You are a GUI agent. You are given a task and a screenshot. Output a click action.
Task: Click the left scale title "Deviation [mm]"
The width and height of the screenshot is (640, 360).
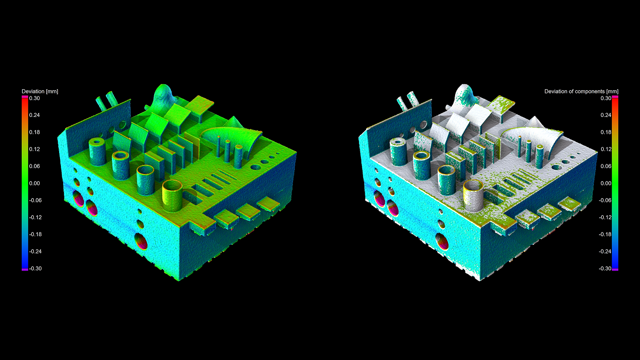[x=40, y=92]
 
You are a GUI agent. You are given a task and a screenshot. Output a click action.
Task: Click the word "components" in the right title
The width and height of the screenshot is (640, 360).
[x=591, y=92]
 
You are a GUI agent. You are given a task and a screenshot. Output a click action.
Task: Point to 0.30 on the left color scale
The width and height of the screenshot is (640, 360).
[x=35, y=98]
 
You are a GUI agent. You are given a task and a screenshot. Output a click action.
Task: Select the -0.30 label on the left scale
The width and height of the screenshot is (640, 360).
[x=36, y=268]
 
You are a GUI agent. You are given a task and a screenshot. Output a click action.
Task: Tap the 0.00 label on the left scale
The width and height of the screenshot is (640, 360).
[x=35, y=184]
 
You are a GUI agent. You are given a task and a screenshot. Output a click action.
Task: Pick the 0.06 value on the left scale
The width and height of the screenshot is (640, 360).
[x=35, y=166]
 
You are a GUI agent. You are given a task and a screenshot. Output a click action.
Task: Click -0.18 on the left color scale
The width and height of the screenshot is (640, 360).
[x=36, y=234]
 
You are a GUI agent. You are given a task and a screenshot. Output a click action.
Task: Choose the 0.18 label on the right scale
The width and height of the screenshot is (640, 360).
[x=606, y=132]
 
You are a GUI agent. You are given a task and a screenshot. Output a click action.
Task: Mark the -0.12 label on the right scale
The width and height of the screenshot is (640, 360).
[x=605, y=217]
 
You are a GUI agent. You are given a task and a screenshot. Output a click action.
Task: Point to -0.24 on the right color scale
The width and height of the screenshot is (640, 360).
[x=605, y=252]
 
